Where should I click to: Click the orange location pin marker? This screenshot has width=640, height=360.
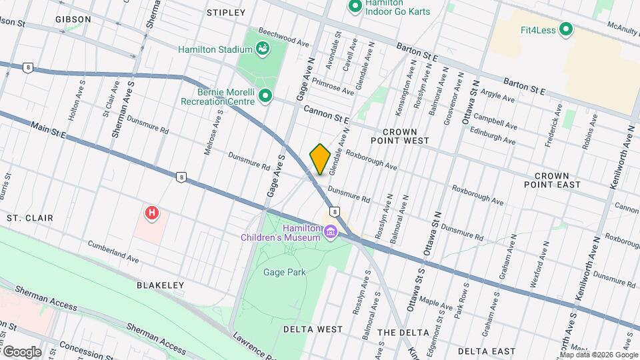320,159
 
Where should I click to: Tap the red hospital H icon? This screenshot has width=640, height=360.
153,213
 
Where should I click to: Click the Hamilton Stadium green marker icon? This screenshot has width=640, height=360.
263,49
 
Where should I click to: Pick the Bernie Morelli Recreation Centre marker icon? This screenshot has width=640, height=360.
265,97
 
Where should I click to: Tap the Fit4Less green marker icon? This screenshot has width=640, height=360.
566,29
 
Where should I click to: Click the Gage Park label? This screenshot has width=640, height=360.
283,272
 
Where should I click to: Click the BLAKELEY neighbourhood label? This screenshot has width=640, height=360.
160,285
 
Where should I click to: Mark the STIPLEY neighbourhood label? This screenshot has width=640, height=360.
226,13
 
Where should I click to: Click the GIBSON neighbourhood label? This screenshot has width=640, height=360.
73,19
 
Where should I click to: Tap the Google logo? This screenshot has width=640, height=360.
21,351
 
